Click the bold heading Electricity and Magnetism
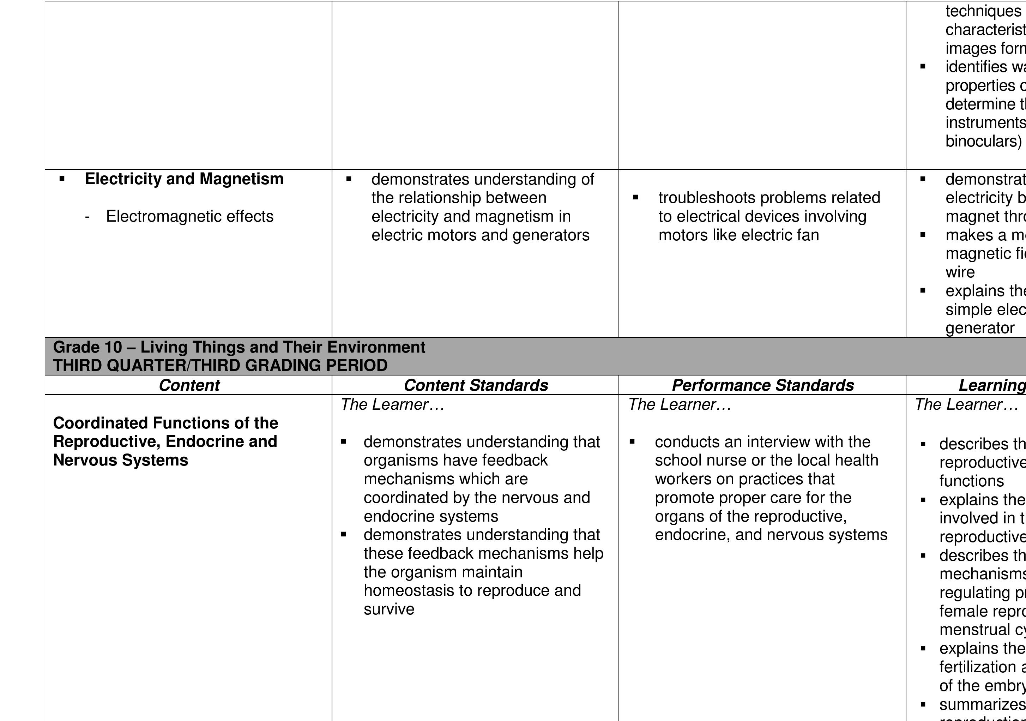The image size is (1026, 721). [x=184, y=179]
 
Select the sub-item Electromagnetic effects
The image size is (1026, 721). [x=189, y=216]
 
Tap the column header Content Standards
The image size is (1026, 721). [x=476, y=385]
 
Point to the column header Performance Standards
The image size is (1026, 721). [x=762, y=385]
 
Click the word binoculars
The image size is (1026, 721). [x=983, y=141]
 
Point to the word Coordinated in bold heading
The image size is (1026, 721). [x=101, y=423]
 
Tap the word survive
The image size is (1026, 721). [x=389, y=609]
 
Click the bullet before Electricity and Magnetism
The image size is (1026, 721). [x=62, y=179]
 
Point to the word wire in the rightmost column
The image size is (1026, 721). [x=960, y=272]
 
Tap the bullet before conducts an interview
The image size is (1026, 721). [x=632, y=441]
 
